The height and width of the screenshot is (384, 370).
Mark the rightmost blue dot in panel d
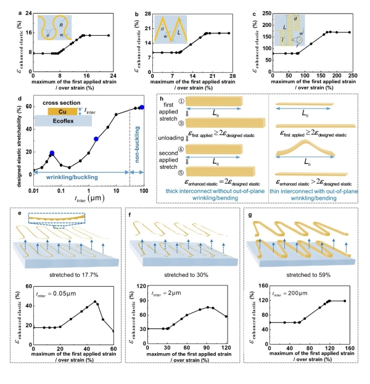[142, 107]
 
